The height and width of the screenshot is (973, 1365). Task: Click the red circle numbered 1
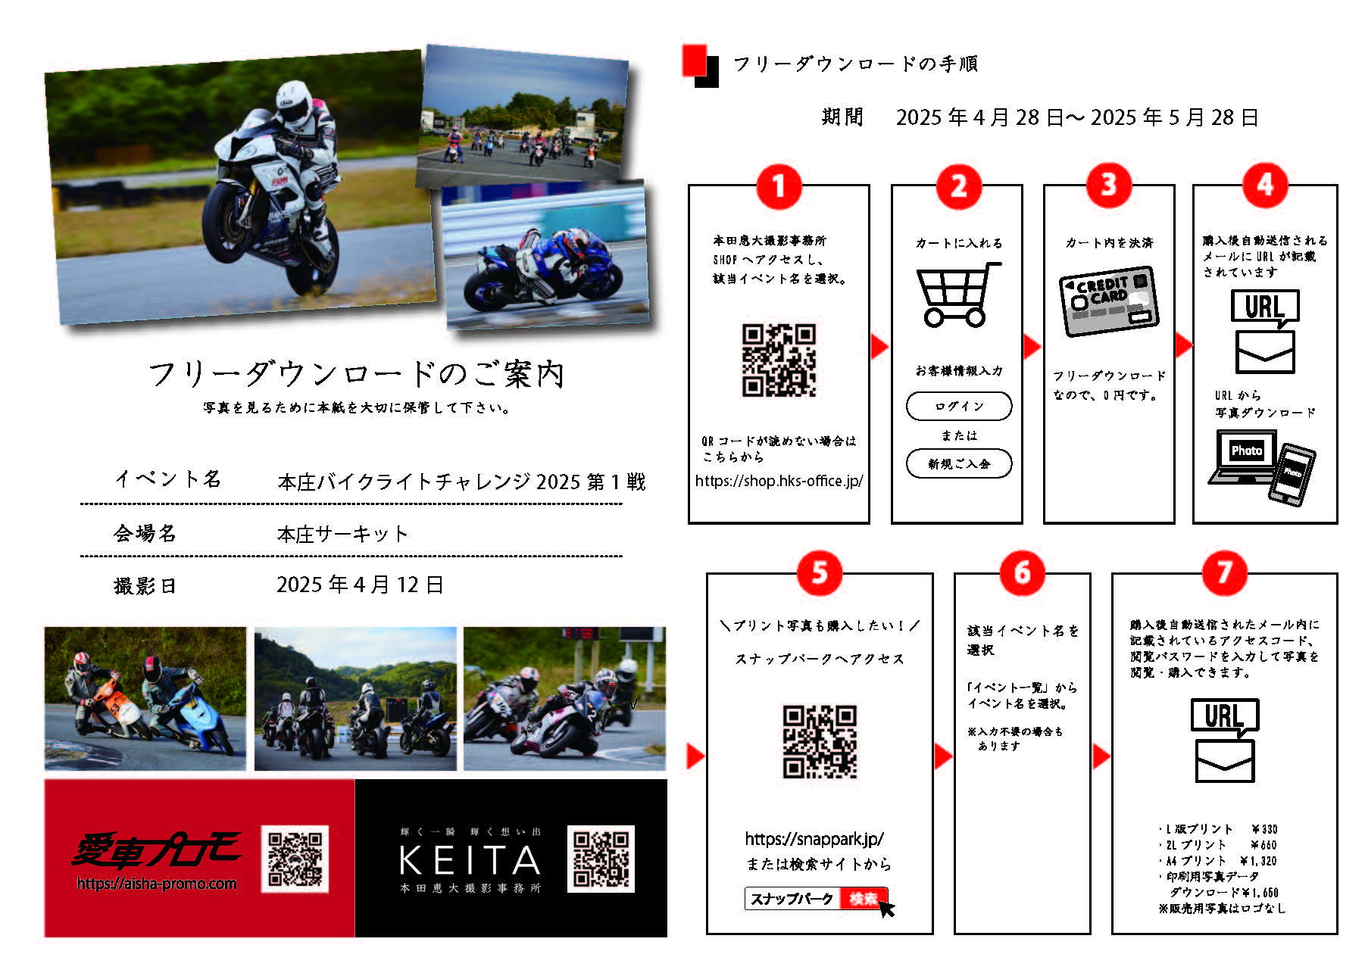[x=778, y=186]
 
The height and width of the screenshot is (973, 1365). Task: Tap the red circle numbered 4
[x=1264, y=185]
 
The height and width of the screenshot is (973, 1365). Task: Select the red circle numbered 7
[x=1224, y=573]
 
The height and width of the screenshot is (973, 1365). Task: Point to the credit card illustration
[x=1108, y=301]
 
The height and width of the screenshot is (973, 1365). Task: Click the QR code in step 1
[x=779, y=360]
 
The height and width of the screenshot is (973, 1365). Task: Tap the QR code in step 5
[x=820, y=742]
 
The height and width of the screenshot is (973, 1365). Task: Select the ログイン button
[x=958, y=406]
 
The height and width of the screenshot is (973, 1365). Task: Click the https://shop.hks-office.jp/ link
[x=779, y=481]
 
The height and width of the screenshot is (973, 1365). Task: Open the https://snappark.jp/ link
[x=814, y=839]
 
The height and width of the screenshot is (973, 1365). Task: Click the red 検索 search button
[x=864, y=899]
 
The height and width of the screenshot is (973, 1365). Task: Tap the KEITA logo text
[x=470, y=860]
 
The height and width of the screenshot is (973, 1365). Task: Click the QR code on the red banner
[x=295, y=859]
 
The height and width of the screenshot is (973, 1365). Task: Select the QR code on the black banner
[x=601, y=859]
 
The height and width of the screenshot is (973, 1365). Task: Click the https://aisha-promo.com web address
[x=157, y=884]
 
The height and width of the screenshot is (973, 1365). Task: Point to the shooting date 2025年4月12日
[x=360, y=585]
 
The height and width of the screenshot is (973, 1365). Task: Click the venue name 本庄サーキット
[x=342, y=534]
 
